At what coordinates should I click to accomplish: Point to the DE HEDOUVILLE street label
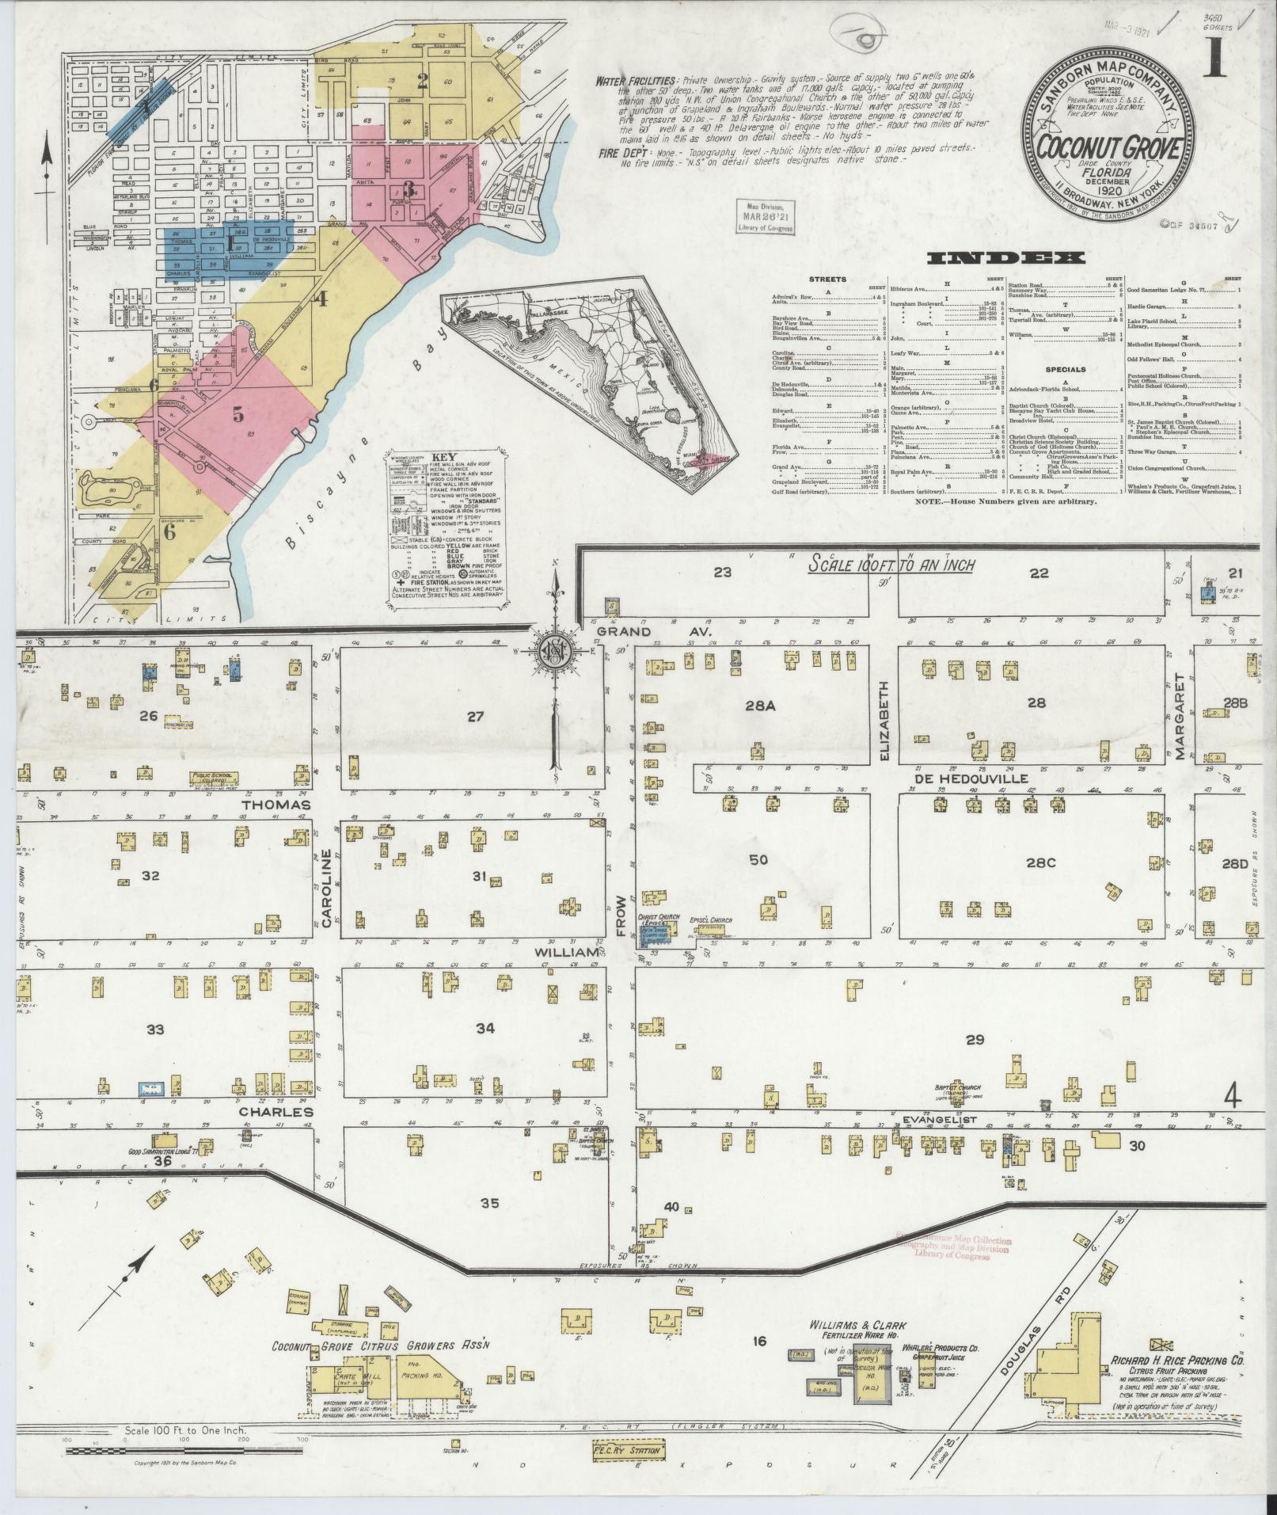[x=971, y=778]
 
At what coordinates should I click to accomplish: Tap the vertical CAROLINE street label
[x=326, y=887]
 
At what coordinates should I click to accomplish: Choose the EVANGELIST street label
[x=940, y=1120]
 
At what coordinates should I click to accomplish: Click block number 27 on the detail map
[x=475, y=717]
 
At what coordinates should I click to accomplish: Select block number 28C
[x=1041, y=862]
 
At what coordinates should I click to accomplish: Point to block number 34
[x=485, y=1028]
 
